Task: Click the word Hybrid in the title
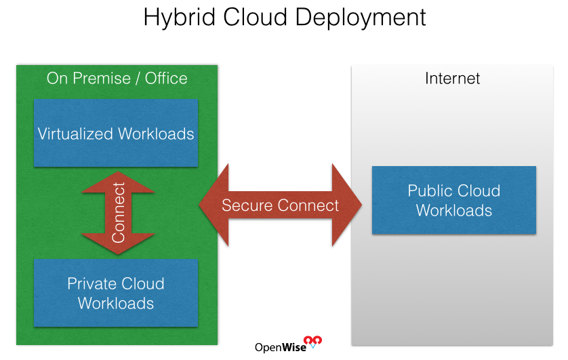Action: [x=180, y=18]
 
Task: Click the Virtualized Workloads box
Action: [x=116, y=133]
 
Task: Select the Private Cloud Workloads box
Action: [x=116, y=293]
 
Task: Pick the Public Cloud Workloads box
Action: [x=454, y=200]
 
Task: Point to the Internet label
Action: [x=453, y=78]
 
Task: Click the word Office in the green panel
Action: [x=166, y=78]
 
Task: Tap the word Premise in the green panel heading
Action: [x=102, y=78]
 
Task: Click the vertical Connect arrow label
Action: [x=119, y=213]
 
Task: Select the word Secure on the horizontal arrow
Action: [x=247, y=205]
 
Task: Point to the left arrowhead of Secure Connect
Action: [x=214, y=205]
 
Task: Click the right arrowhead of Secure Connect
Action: [x=347, y=205]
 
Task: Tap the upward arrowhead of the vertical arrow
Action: [x=118, y=182]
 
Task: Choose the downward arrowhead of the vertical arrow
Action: [x=118, y=243]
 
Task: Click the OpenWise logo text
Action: [x=281, y=347]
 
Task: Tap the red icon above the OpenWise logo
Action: [x=312, y=341]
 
